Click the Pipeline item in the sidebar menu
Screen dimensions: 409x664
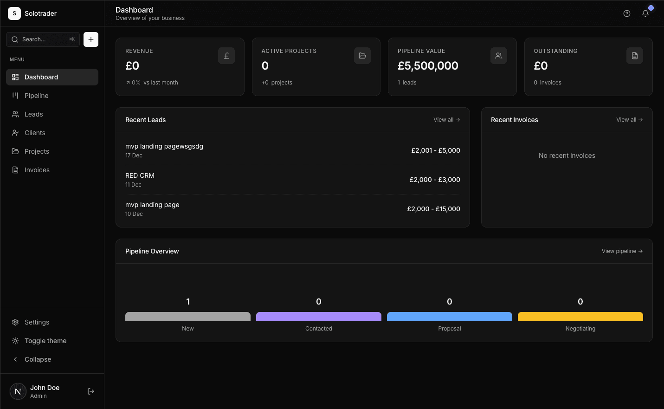(x=36, y=96)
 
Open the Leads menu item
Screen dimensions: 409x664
(x=33, y=114)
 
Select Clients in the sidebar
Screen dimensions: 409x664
(x=35, y=133)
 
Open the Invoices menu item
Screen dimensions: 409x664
(x=37, y=170)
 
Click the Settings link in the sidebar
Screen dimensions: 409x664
(x=37, y=322)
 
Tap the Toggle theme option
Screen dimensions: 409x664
(x=45, y=341)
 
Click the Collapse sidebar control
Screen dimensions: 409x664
(x=38, y=359)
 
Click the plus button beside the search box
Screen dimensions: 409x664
(x=91, y=39)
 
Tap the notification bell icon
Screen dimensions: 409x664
(x=645, y=13)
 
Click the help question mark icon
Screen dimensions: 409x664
(x=627, y=13)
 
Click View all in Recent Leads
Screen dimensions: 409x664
(x=446, y=120)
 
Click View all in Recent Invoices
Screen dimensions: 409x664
(x=629, y=120)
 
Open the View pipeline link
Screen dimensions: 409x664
(x=622, y=251)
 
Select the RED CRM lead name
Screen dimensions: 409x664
(x=140, y=175)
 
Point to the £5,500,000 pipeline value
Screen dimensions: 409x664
(x=428, y=66)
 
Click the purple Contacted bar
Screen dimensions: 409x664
(x=319, y=317)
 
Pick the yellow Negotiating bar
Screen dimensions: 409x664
(x=580, y=317)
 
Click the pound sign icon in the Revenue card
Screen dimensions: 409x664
(x=226, y=56)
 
